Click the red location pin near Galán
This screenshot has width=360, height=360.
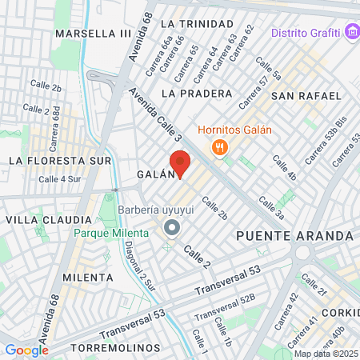(x=180, y=163)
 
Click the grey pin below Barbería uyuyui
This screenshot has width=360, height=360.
(x=171, y=230)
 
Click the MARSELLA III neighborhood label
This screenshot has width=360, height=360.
(x=93, y=34)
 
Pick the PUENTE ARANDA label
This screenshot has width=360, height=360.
(x=295, y=236)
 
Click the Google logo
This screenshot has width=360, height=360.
(x=26, y=350)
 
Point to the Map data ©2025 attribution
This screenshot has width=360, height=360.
(x=325, y=354)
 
